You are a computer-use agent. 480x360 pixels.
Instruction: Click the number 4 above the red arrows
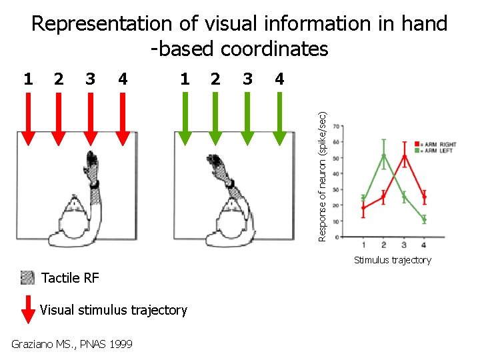(x=122, y=79)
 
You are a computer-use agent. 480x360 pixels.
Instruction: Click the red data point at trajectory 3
(x=404, y=157)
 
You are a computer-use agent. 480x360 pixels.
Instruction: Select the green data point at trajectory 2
(x=383, y=157)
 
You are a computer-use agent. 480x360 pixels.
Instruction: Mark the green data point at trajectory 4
(x=424, y=219)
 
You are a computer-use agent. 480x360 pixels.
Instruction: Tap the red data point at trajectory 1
(x=363, y=208)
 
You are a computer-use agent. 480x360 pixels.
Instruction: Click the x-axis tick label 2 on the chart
(x=383, y=245)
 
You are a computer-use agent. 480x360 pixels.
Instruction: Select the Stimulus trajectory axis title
(x=393, y=260)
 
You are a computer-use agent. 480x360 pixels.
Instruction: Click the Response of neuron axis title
(x=322, y=175)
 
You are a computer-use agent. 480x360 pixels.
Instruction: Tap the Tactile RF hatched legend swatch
(x=27, y=277)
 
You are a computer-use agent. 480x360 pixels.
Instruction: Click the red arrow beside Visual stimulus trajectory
(x=27, y=308)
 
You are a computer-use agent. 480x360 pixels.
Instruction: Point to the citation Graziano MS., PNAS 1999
(x=72, y=344)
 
